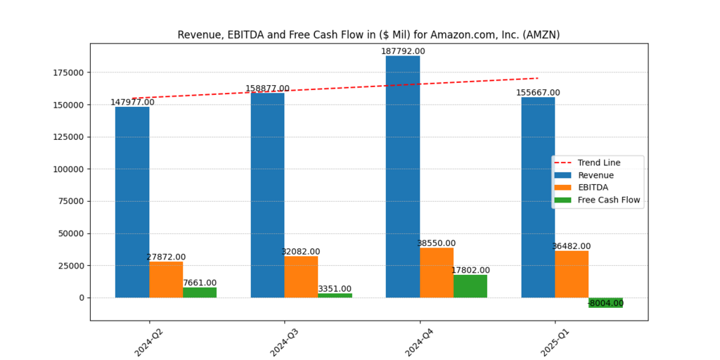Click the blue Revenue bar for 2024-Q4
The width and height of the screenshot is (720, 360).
[403, 176]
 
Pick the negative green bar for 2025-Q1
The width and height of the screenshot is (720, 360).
[605, 302]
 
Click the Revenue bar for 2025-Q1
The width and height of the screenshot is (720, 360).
[538, 197]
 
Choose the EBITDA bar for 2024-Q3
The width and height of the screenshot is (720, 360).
[301, 276]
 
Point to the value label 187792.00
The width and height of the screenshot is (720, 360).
[403, 51]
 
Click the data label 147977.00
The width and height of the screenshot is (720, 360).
[132, 102]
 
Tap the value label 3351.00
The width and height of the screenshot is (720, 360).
[335, 289]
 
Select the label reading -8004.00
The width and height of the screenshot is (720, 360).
[605, 303]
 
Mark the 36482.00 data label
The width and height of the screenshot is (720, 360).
[571, 246]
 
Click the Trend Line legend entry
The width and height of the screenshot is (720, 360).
[598, 162]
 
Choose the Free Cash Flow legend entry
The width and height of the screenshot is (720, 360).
[608, 200]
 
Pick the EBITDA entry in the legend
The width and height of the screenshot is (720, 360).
[593, 187]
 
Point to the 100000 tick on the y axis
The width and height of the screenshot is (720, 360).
[67, 169]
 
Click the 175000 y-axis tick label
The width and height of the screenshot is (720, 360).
[67, 72]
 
